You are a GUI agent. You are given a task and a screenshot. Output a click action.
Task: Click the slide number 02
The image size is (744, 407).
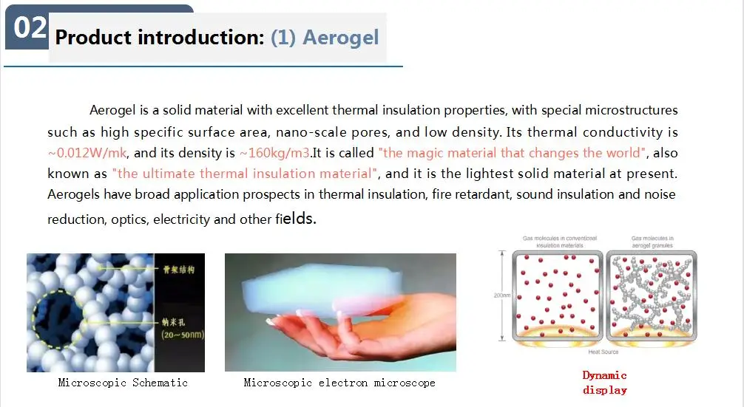tap(30, 27)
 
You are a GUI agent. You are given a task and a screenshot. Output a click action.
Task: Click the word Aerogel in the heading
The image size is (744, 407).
tap(340, 38)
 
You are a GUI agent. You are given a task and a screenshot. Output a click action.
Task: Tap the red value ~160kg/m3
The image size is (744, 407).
tap(274, 154)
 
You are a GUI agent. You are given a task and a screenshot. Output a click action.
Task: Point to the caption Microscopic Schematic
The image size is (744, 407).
tap(123, 383)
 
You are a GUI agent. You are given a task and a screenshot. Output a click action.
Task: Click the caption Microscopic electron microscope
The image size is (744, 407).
tap(339, 383)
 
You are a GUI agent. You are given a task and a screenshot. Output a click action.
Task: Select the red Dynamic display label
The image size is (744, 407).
tap(604, 383)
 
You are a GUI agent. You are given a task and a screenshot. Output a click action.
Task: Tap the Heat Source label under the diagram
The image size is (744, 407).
tap(603, 352)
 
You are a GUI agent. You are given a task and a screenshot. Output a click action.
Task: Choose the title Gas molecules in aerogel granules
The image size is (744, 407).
tap(652, 242)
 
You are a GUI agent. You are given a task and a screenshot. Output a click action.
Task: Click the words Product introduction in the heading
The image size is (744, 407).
tap(159, 38)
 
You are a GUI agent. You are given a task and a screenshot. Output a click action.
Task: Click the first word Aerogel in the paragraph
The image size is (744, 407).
tap(112, 111)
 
